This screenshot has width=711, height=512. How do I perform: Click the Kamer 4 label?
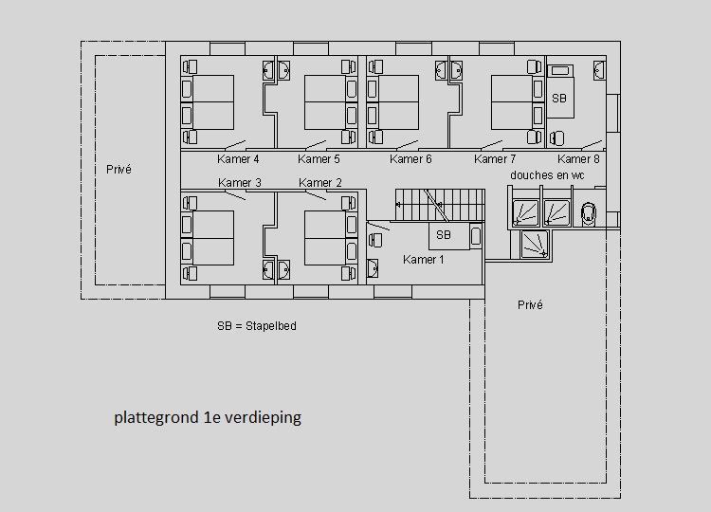pyautogui.click(x=238, y=159)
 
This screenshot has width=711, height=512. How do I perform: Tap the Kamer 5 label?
pyautogui.click(x=319, y=159)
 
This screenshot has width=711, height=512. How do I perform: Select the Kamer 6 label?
pyautogui.click(x=410, y=159)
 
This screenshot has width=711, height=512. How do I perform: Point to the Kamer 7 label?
pyautogui.click(x=495, y=159)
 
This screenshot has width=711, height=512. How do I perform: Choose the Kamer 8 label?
pyautogui.click(x=578, y=159)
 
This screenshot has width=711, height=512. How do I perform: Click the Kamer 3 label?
pyautogui.click(x=240, y=183)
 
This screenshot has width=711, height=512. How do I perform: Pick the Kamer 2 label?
pyautogui.click(x=320, y=183)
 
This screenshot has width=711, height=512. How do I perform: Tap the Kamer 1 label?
pyautogui.click(x=424, y=260)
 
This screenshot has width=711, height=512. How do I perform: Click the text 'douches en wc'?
pyautogui.click(x=547, y=175)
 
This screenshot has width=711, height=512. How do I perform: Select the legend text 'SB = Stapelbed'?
pyautogui.click(x=257, y=326)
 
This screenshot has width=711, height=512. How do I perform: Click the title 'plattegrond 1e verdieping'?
pyautogui.click(x=208, y=417)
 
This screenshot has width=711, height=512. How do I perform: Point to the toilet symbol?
pyautogui.click(x=588, y=212)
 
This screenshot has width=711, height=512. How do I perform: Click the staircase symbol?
pyautogui.click(x=440, y=205)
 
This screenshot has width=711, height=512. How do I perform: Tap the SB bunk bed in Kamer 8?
pyautogui.click(x=560, y=92)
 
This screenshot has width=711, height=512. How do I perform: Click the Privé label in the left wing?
pyautogui.click(x=118, y=169)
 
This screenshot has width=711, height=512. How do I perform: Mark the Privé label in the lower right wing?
pyautogui.click(x=530, y=304)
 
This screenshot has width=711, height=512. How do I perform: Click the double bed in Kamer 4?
pyautogui.click(x=213, y=102)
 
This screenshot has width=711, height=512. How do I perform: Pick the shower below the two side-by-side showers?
pyautogui.click(x=535, y=245)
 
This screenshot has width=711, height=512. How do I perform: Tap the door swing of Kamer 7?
pyautogui.click(x=491, y=145)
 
